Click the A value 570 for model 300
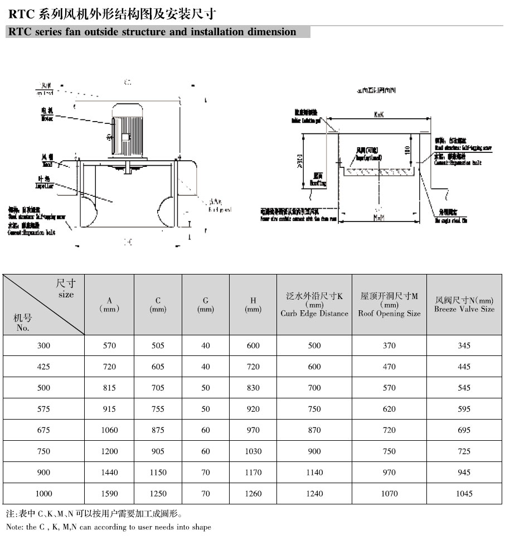click(x=109, y=346)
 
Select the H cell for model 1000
click(x=253, y=493)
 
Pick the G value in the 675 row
click(x=206, y=430)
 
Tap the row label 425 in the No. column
click(x=43, y=367)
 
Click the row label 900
click(x=43, y=473)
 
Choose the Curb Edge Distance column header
click(x=314, y=305)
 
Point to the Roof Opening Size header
click(x=389, y=305)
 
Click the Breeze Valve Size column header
click(x=464, y=305)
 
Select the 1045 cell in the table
click(x=464, y=493)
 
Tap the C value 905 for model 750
click(x=158, y=451)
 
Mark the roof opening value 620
click(x=389, y=409)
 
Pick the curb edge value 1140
click(x=314, y=473)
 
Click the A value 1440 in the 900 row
click(x=109, y=473)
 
